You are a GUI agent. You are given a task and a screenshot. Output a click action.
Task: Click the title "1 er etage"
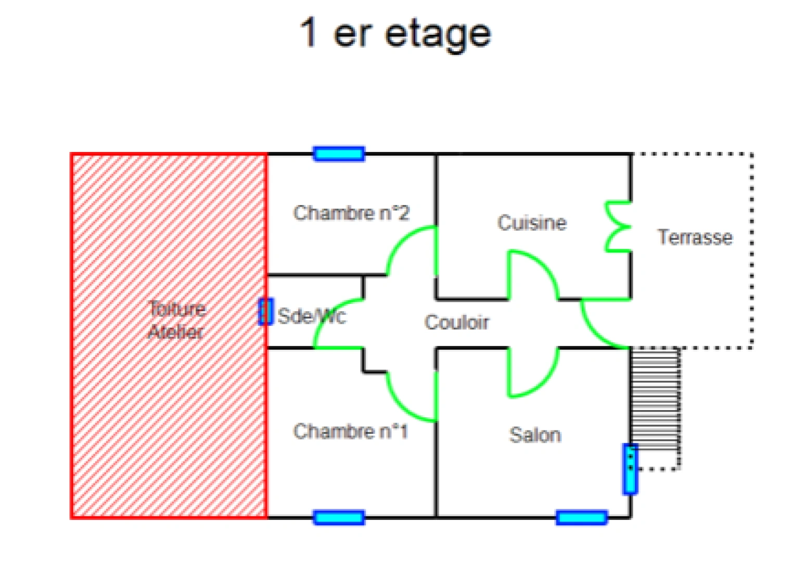pos(395,34)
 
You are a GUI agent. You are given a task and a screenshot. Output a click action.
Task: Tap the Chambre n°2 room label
pos(351,213)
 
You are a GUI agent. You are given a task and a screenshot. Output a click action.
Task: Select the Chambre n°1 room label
pos(351,431)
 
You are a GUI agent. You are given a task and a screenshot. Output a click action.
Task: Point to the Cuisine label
pos(532,222)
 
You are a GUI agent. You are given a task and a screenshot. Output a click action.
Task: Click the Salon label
pos(535,435)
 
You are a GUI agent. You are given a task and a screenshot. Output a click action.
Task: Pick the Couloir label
pos(457,322)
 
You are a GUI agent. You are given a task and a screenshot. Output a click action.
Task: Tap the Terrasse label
pos(695,237)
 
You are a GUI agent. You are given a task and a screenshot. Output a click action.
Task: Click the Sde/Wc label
pos(312,316)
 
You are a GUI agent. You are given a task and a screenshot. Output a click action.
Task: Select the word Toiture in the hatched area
pos(177,308)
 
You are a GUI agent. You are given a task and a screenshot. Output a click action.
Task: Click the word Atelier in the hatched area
pos(176,331)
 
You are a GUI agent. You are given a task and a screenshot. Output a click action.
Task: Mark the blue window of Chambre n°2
pos(339,154)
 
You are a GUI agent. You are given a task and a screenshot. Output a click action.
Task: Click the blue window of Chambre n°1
pos(339,517)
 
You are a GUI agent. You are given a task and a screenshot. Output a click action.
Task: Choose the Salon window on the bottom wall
pos(582,517)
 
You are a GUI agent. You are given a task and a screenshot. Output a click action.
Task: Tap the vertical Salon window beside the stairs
pos(630,469)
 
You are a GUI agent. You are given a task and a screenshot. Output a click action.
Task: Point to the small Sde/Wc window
pos(266,312)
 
